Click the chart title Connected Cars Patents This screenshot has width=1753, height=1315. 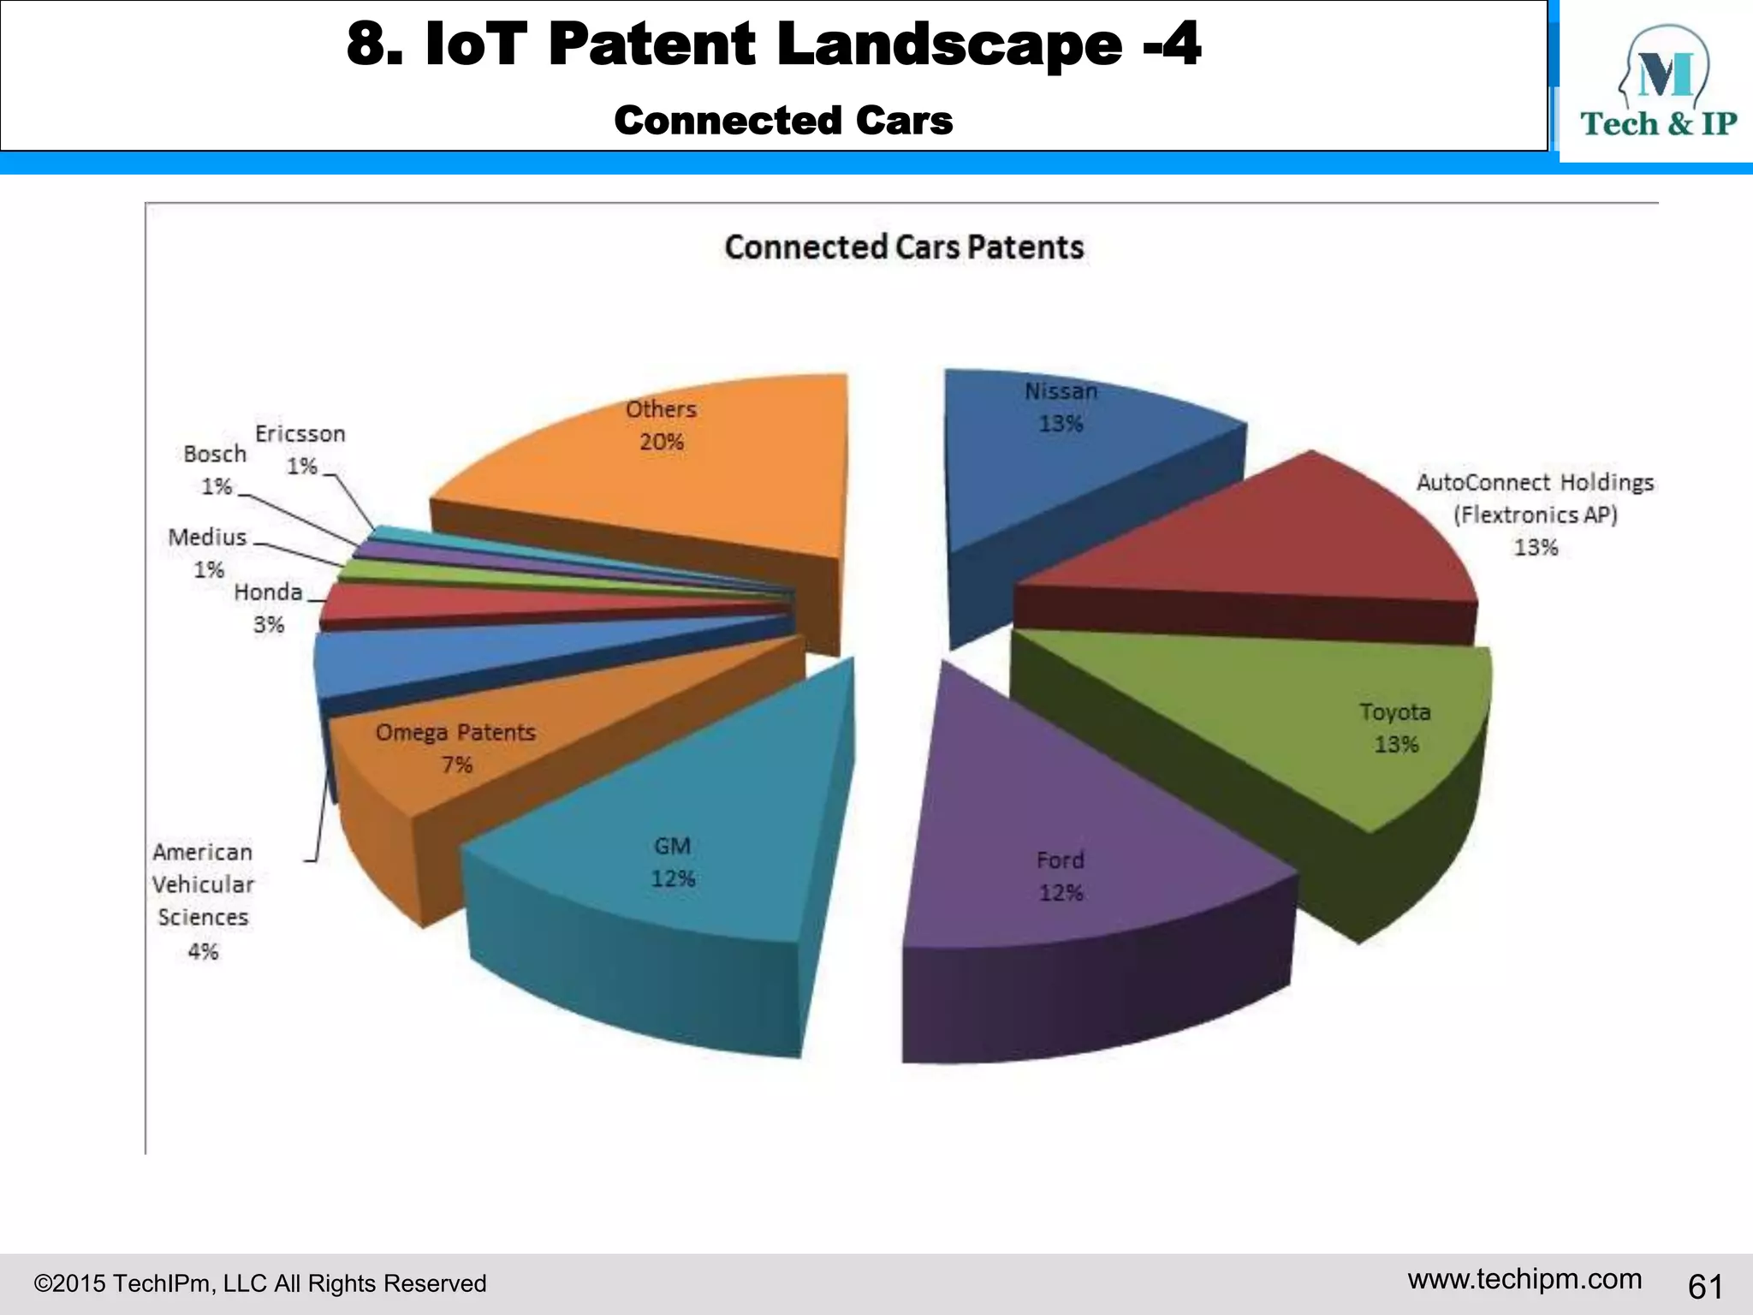904,247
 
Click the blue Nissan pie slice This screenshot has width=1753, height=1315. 1079,462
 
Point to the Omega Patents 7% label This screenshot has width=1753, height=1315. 455,747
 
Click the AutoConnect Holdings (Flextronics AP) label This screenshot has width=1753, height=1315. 1535,514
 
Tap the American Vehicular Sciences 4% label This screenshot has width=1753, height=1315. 204,901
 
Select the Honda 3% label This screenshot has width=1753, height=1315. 268,608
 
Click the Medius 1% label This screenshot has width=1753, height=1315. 208,552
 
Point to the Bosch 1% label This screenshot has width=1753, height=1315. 215,469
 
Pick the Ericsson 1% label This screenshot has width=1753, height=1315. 300,449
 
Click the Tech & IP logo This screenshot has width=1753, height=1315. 1657,86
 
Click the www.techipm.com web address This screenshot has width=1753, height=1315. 1524,1279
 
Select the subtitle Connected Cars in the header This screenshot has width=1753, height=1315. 783,121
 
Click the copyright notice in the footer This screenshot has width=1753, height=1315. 260,1283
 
